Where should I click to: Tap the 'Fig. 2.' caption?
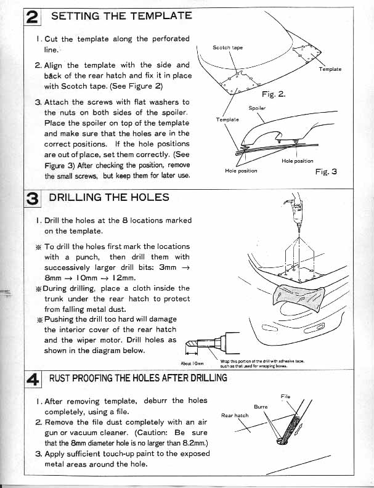(273, 94)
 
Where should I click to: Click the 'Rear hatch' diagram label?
(235, 415)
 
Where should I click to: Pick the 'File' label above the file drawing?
(285, 396)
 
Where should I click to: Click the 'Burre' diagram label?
(261, 407)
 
